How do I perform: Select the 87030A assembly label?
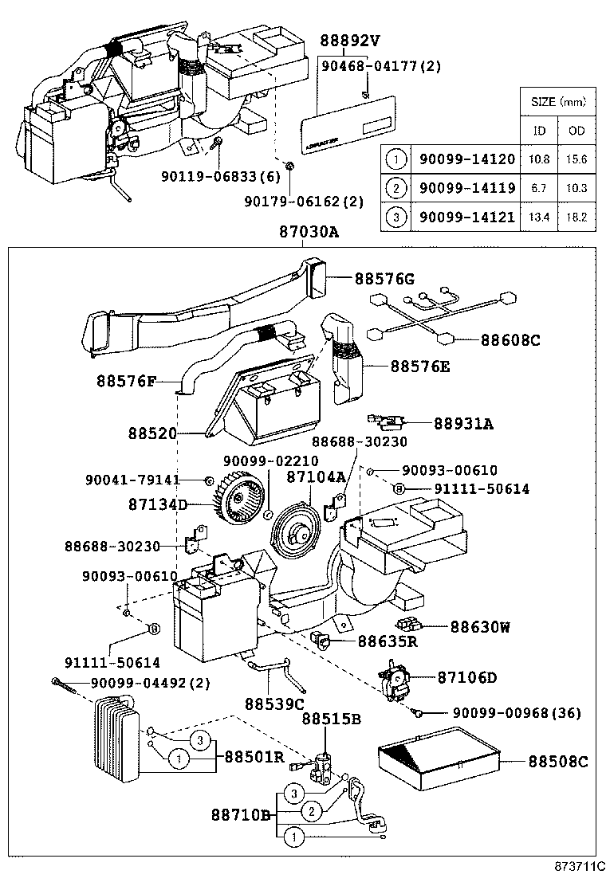pyautogui.click(x=309, y=233)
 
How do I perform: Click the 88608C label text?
pyautogui.click(x=510, y=340)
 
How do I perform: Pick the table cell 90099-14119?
pyautogui.click(x=466, y=188)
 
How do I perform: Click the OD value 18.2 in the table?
pyautogui.click(x=576, y=217)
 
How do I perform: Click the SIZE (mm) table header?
pyautogui.click(x=557, y=102)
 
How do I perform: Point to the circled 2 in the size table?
pyautogui.click(x=395, y=188)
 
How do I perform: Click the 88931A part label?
pyautogui.click(x=463, y=425)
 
